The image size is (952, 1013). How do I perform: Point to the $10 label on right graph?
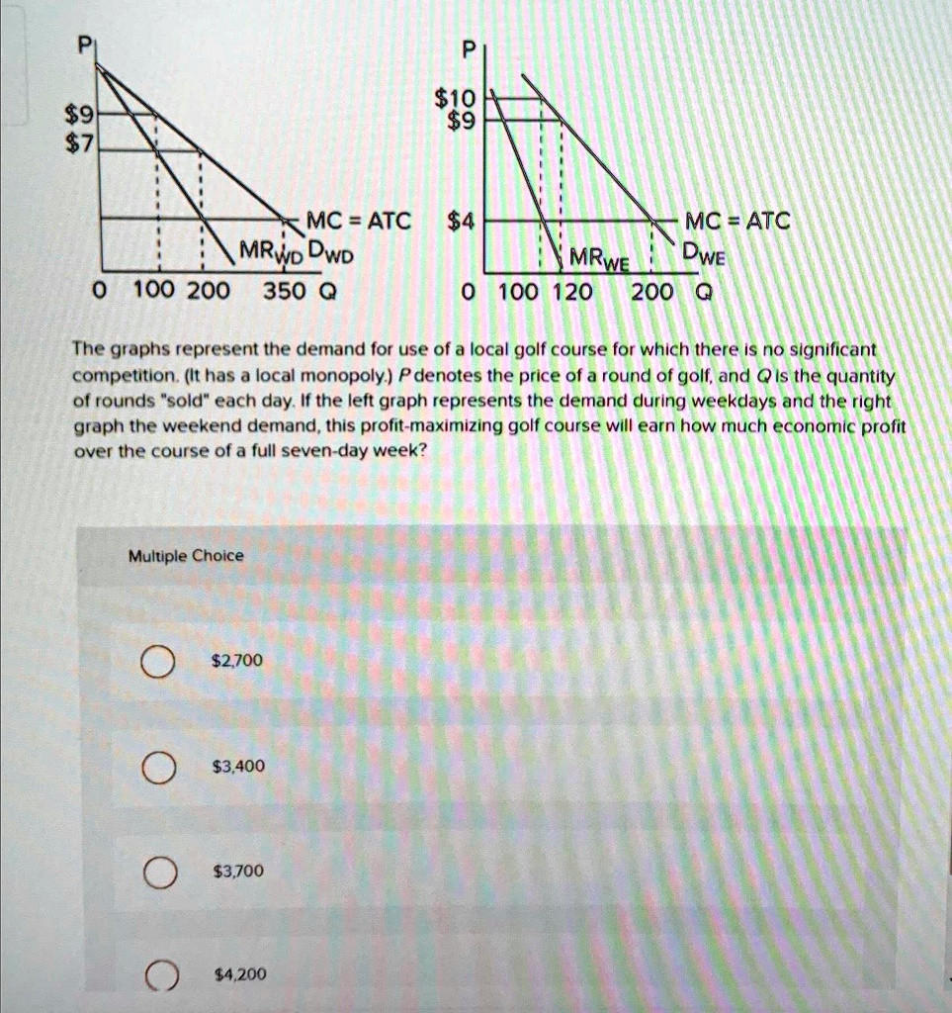[455, 97]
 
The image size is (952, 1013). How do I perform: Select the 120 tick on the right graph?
[572, 293]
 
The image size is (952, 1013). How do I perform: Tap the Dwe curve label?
[705, 255]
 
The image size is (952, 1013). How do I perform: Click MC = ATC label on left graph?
[357, 221]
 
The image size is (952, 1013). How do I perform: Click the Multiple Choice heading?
[186, 556]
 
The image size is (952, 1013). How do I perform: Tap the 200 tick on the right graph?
[653, 293]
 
